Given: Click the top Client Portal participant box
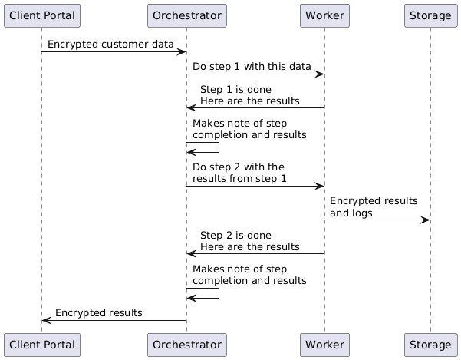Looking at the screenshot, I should click(x=41, y=15).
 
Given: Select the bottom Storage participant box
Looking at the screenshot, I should click(x=430, y=345).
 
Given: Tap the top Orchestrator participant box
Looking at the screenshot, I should click(x=186, y=15).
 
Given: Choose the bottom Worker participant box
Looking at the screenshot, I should click(x=324, y=345).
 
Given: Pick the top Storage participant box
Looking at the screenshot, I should click(x=430, y=15).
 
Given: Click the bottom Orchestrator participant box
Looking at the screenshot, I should click(x=186, y=345).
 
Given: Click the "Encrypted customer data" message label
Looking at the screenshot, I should click(x=110, y=45).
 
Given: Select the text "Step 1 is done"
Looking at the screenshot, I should click(x=235, y=90).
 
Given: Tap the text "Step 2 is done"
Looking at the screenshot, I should click(x=235, y=235).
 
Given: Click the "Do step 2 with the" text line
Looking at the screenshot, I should click(x=239, y=167).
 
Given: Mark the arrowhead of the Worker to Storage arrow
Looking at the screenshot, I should click(x=426, y=220).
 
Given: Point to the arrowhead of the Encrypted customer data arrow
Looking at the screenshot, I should click(x=182, y=52).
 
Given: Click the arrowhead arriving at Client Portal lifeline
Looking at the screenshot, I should click(x=47, y=321).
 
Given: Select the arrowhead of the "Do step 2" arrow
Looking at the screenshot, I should click(x=320, y=187).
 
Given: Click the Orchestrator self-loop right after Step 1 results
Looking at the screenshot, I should click(x=219, y=147).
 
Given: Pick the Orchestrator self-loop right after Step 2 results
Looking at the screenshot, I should click(x=219, y=293).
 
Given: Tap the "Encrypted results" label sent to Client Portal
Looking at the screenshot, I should click(x=98, y=313).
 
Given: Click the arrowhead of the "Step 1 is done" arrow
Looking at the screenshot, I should click(x=192, y=108).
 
